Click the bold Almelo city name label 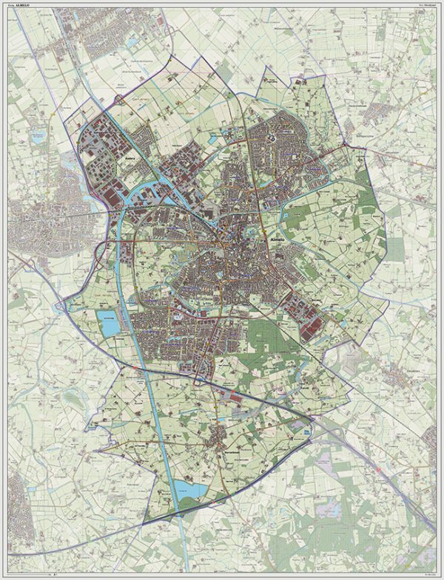275,240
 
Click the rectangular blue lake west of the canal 108,322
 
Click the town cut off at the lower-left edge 15,491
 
